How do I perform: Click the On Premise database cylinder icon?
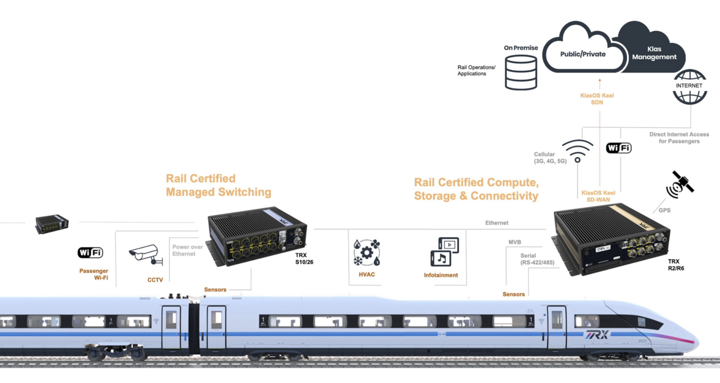521,72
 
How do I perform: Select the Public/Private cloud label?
583,54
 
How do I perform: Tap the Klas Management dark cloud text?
654,53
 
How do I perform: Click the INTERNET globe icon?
690,86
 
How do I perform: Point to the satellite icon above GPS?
680,184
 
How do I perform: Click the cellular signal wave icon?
577,150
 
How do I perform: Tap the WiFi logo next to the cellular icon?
619,148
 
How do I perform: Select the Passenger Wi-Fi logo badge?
90,253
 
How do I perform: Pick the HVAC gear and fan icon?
367,253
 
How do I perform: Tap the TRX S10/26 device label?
304,259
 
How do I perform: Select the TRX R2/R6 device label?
675,265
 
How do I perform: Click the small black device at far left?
52,224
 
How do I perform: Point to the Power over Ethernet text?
187,250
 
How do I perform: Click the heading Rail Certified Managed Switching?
218,185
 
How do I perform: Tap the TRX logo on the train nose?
596,335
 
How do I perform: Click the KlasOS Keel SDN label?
597,98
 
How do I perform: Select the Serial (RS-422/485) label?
537,259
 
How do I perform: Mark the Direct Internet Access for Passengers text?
679,138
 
